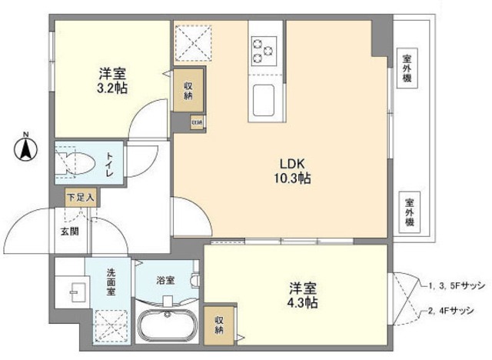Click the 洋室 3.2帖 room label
(x=112, y=81)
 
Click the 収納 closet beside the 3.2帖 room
(x=188, y=91)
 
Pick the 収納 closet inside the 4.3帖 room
(x=220, y=325)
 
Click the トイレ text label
(x=108, y=163)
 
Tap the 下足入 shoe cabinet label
(x=80, y=197)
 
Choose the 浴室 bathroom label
(x=166, y=280)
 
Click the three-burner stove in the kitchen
(x=264, y=49)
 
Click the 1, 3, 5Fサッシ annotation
(x=456, y=285)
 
